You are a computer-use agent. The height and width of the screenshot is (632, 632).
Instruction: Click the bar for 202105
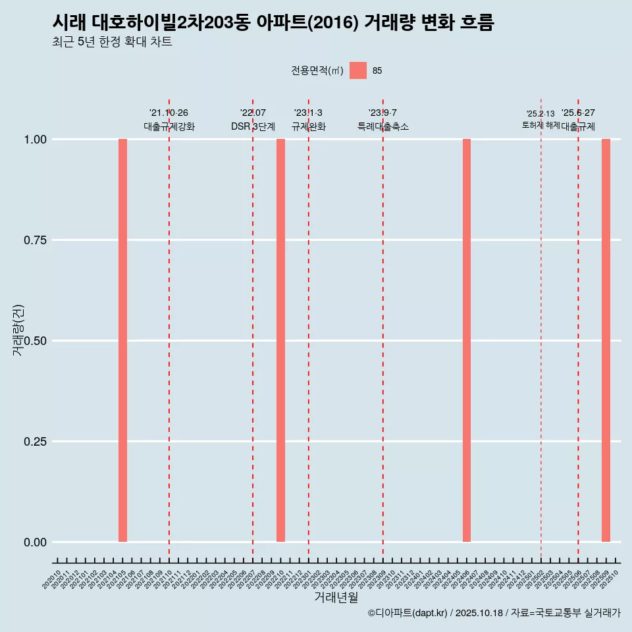pyautogui.click(x=122, y=340)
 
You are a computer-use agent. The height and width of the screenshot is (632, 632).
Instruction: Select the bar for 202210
pyautogui.click(x=280, y=340)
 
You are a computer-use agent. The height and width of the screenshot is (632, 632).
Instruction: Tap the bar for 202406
pyautogui.click(x=467, y=340)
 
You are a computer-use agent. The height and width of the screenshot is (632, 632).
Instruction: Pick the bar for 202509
pyautogui.click(x=606, y=340)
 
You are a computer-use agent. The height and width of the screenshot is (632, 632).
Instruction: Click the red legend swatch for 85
pyautogui.click(x=358, y=70)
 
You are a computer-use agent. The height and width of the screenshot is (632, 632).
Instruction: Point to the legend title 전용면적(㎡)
pyautogui.click(x=317, y=70)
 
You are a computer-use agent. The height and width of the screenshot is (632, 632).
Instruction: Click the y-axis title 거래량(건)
pyautogui.click(x=18, y=330)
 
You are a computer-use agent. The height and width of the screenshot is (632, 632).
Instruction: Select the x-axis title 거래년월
pyautogui.click(x=336, y=597)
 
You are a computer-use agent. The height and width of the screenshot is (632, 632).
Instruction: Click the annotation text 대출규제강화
pyautogui.click(x=169, y=126)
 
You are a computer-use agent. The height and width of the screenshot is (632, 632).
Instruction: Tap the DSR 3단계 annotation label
pyautogui.click(x=253, y=126)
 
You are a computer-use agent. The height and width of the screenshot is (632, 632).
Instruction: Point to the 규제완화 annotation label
pyautogui.click(x=309, y=126)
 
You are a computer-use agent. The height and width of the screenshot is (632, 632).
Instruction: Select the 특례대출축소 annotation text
pyautogui.click(x=383, y=126)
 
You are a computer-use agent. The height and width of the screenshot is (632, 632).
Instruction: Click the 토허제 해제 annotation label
pyautogui.click(x=540, y=124)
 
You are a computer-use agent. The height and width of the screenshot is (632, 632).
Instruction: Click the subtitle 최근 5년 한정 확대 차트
pyautogui.click(x=112, y=42)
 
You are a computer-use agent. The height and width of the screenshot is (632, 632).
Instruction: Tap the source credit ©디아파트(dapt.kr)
pyautogui.click(x=408, y=613)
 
